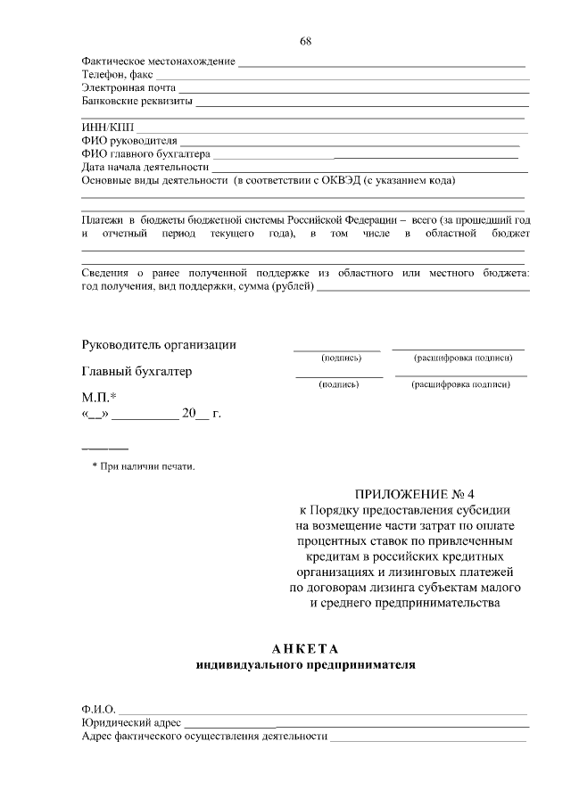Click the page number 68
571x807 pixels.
[x=306, y=41]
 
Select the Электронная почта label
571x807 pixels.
[x=128, y=88]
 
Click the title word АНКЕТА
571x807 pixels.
[x=306, y=648]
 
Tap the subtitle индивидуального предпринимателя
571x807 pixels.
[x=306, y=664]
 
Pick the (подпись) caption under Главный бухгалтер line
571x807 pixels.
[x=339, y=385]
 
